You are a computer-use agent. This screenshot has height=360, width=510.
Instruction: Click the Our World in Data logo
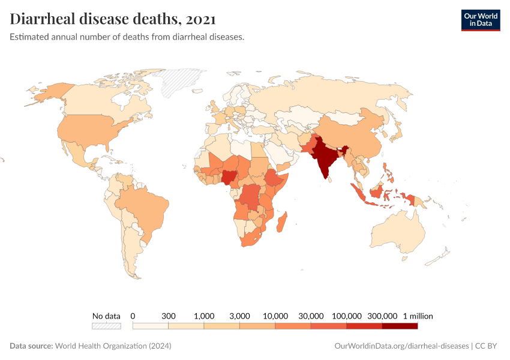point(480,19)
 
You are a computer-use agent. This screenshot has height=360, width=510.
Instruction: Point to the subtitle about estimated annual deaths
point(127,37)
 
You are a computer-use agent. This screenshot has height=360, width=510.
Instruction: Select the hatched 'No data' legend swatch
point(106,326)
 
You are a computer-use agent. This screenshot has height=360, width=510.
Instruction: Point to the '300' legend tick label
point(168,316)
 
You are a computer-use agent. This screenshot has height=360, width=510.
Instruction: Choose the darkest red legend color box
point(400,326)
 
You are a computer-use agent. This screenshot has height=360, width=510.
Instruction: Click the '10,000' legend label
point(275,316)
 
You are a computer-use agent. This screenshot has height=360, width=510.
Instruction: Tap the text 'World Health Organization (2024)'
point(113,346)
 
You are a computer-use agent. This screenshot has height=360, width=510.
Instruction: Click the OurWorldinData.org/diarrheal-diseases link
point(400,346)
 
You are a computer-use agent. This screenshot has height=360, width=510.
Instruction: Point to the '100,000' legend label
point(346,316)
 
